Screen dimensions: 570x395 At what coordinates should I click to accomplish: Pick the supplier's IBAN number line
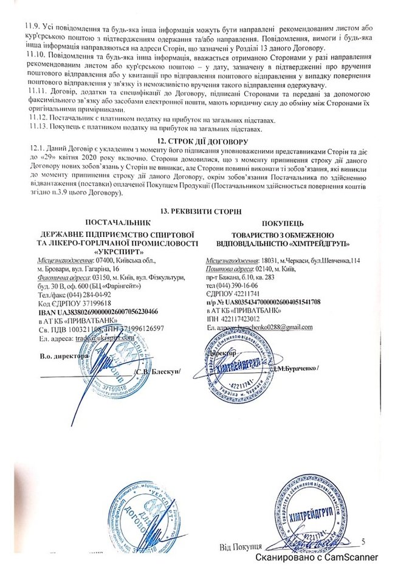coord(97,311)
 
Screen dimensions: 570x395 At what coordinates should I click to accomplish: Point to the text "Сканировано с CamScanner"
coord(316,557)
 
